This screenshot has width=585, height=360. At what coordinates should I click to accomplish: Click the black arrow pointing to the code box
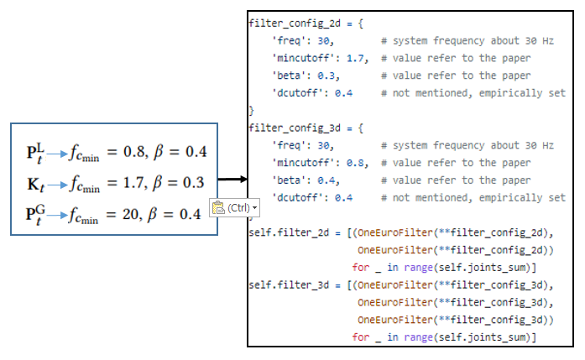tap(232, 179)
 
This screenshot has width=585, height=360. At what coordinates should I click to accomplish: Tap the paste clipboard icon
tap(218, 207)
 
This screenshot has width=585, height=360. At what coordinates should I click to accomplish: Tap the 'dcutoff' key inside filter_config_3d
tap(294, 198)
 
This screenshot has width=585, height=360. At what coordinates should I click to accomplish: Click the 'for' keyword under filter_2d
tap(360, 268)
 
